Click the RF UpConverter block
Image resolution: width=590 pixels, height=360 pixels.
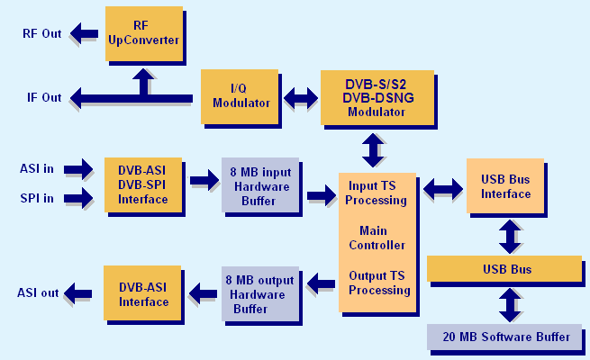point(143,33)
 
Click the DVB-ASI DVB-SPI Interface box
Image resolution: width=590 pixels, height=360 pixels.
point(143,183)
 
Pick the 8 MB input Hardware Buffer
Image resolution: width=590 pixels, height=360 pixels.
point(259,184)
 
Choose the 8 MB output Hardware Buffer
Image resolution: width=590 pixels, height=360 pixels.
point(259,294)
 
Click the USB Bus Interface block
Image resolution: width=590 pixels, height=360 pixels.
point(505,186)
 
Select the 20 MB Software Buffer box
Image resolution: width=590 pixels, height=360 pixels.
point(504,337)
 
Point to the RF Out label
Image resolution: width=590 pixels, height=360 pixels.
point(42,35)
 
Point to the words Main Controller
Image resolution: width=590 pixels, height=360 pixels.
point(377,238)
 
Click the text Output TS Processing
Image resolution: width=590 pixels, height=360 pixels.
point(379,283)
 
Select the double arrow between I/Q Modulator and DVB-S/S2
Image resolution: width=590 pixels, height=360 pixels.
point(300,97)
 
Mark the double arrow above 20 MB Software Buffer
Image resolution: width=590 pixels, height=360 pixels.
point(511,303)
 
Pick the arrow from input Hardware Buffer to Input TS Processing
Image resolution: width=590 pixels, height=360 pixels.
point(320,193)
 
